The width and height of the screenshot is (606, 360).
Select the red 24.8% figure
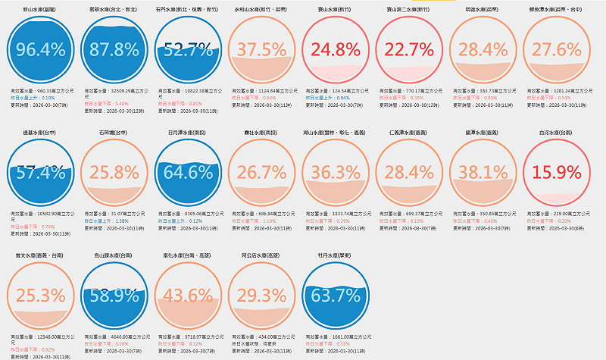pyautogui.click(x=336, y=50)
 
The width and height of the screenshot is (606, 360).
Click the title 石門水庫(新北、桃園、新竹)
pyautogui.click(x=188, y=11)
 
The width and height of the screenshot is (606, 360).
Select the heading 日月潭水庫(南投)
pyautogui.click(x=188, y=132)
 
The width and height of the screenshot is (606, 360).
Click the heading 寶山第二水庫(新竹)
pyautogui.click(x=409, y=11)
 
